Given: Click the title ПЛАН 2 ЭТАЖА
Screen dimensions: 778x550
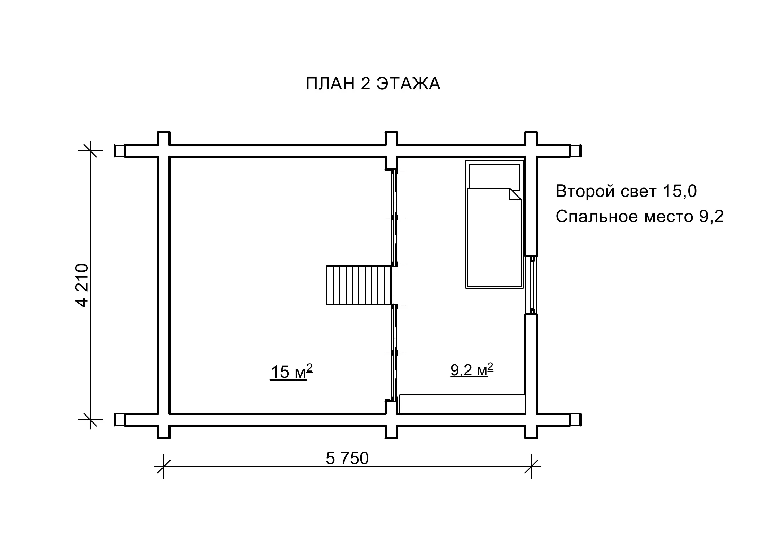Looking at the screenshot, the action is pos(373,84).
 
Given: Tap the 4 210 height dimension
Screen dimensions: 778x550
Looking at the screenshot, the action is pos(82,285).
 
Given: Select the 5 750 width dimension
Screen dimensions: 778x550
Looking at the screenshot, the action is pos(347,459).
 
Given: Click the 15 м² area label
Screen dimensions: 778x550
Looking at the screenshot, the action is pos(291,372).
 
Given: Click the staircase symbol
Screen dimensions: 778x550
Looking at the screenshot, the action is pos(359,285).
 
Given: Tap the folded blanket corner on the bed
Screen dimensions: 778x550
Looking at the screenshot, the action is pos(515,194).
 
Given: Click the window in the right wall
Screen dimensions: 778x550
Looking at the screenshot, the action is pos(532,285).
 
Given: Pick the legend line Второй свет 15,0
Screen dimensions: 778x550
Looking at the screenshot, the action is pos(626,191).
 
